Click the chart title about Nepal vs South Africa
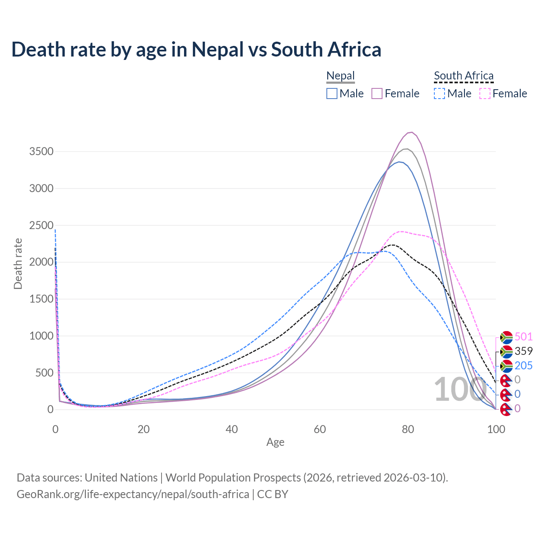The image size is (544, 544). pos(196,49)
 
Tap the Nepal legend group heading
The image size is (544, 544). pos(340,76)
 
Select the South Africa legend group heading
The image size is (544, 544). pos(464,76)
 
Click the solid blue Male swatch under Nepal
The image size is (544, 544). pos(332,93)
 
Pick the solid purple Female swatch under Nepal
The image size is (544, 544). pos(377,93)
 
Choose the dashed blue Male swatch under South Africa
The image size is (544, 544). pos(439,93)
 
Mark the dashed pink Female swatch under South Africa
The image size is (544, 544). pos(485,93)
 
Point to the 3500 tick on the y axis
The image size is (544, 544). pos(41,152)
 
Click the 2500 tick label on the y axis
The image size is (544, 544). pos(41,225)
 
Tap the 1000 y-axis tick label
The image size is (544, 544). pos(41,336)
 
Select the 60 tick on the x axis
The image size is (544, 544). pos(320,429)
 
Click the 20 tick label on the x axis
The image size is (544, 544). pos(144,429)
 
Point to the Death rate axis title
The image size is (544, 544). pos(18,263)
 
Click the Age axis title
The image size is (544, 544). pos(275,442)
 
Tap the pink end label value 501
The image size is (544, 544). pos(524,337)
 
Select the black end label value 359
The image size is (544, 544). pos(524,351)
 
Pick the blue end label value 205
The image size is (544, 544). pos(524,365)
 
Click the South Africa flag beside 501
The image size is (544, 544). pos(506,337)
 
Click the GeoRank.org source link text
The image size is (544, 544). pos(133,494)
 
